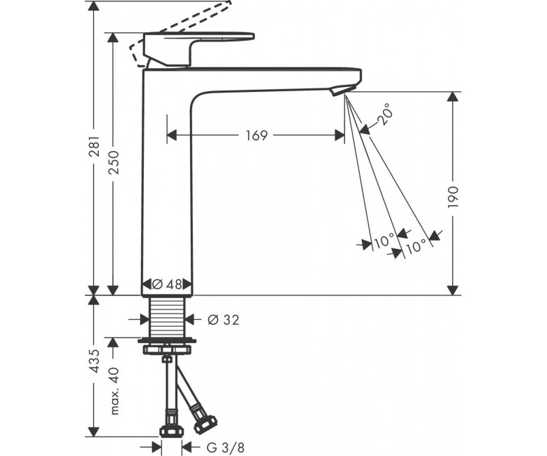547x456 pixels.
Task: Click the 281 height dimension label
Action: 95,146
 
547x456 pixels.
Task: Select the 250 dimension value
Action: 114,163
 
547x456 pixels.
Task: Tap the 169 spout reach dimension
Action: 257,135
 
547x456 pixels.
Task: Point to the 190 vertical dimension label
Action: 453,197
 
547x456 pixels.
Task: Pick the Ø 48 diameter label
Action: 167,285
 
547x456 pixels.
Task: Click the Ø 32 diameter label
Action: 223,320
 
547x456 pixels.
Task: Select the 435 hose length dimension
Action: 95,361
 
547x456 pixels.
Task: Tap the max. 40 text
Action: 114,391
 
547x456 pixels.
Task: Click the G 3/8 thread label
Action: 225,447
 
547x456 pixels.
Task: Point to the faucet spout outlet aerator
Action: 338,90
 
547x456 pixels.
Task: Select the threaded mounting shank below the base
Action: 167,317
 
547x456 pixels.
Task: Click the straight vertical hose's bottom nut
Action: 171,431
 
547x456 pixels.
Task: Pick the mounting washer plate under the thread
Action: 167,340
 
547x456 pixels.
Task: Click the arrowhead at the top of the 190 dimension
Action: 453,98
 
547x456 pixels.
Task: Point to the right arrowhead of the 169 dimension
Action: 339,135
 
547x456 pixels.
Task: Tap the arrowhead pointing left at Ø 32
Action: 190,319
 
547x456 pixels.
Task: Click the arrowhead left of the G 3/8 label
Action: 156,447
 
